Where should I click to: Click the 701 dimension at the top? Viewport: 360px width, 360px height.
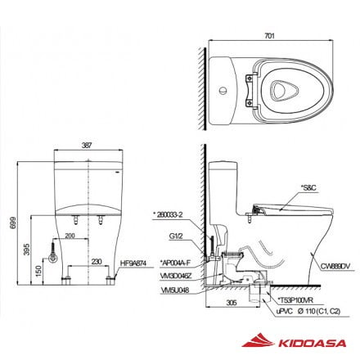[270, 35]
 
